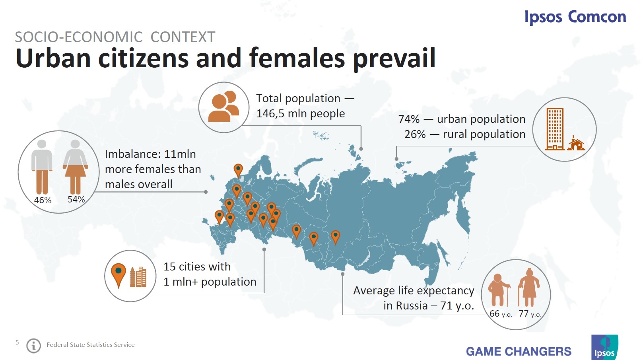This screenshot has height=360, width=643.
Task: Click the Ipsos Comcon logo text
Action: (x=575, y=17)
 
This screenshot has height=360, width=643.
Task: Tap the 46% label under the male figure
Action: (x=43, y=200)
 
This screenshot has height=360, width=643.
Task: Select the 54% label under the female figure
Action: (x=76, y=199)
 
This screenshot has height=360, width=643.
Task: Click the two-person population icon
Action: (x=223, y=107)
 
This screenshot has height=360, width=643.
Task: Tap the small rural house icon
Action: (x=575, y=144)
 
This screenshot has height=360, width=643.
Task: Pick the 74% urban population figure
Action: (x=409, y=119)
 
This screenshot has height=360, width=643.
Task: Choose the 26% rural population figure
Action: (x=415, y=134)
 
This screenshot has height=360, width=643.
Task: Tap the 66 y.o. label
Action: (x=501, y=314)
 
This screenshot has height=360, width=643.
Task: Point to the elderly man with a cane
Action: (x=499, y=289)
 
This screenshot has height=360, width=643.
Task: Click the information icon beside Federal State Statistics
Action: (x=34, y=345)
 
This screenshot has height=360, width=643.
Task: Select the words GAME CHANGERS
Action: (x=519, y=351)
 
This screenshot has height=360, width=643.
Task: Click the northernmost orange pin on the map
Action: (x=238, y=170)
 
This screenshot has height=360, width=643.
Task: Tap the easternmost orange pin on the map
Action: (x=335, y=237)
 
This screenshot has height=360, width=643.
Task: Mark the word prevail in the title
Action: (x=394, y=58)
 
